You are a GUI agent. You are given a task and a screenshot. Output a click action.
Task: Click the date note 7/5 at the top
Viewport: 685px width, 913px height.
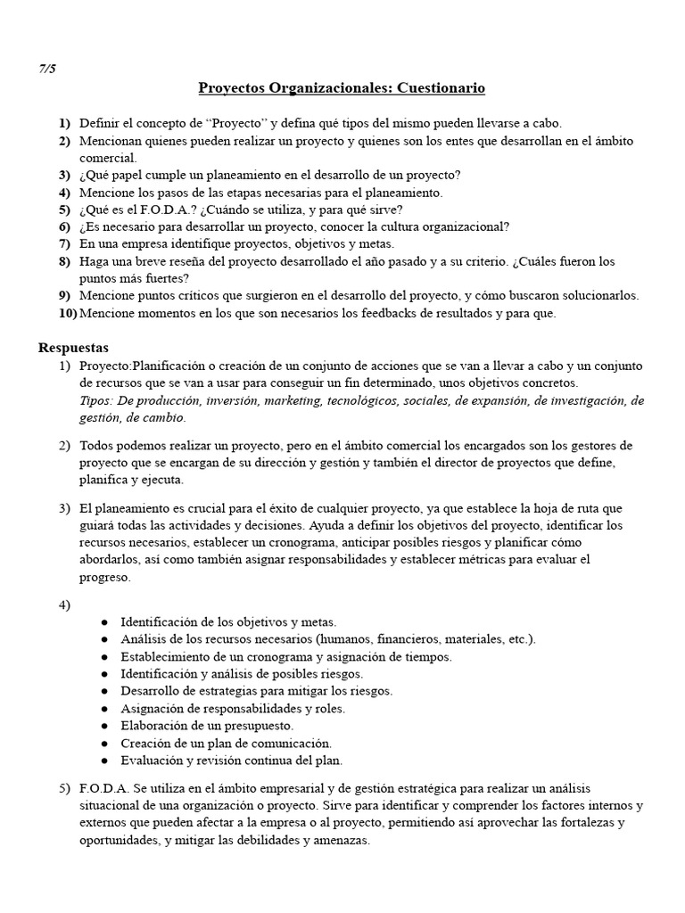[47, 69]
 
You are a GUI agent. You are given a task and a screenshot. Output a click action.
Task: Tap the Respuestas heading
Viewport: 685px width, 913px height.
[73, 348]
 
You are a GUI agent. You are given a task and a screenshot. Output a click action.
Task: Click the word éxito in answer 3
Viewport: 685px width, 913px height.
[323, 508]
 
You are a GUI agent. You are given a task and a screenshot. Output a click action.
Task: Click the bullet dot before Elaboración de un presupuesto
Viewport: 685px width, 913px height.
[105, 726]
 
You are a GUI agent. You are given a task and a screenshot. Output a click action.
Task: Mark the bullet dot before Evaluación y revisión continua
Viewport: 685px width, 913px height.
[105, 761]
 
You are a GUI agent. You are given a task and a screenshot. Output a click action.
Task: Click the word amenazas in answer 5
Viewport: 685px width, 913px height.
[337, 840]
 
